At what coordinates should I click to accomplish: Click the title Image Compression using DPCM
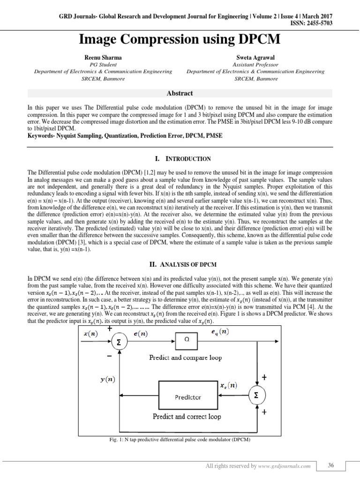tap(180, 39)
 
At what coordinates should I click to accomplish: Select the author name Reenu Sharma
tap(103, 57)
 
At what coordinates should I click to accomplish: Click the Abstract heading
tap(180, 93)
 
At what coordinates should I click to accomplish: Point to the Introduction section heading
tap(180, 159)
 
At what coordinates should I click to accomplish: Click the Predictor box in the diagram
tap(188, 397)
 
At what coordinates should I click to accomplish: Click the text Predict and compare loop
tap(185, 357)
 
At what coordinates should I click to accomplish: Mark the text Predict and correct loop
tap(187, 416)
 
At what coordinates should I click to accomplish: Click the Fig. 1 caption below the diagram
tap(180, 440)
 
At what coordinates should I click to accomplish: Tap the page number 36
tap(331, 465)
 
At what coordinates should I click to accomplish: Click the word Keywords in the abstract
tap(41, 135)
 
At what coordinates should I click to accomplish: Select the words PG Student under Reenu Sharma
tap(103, 65)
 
